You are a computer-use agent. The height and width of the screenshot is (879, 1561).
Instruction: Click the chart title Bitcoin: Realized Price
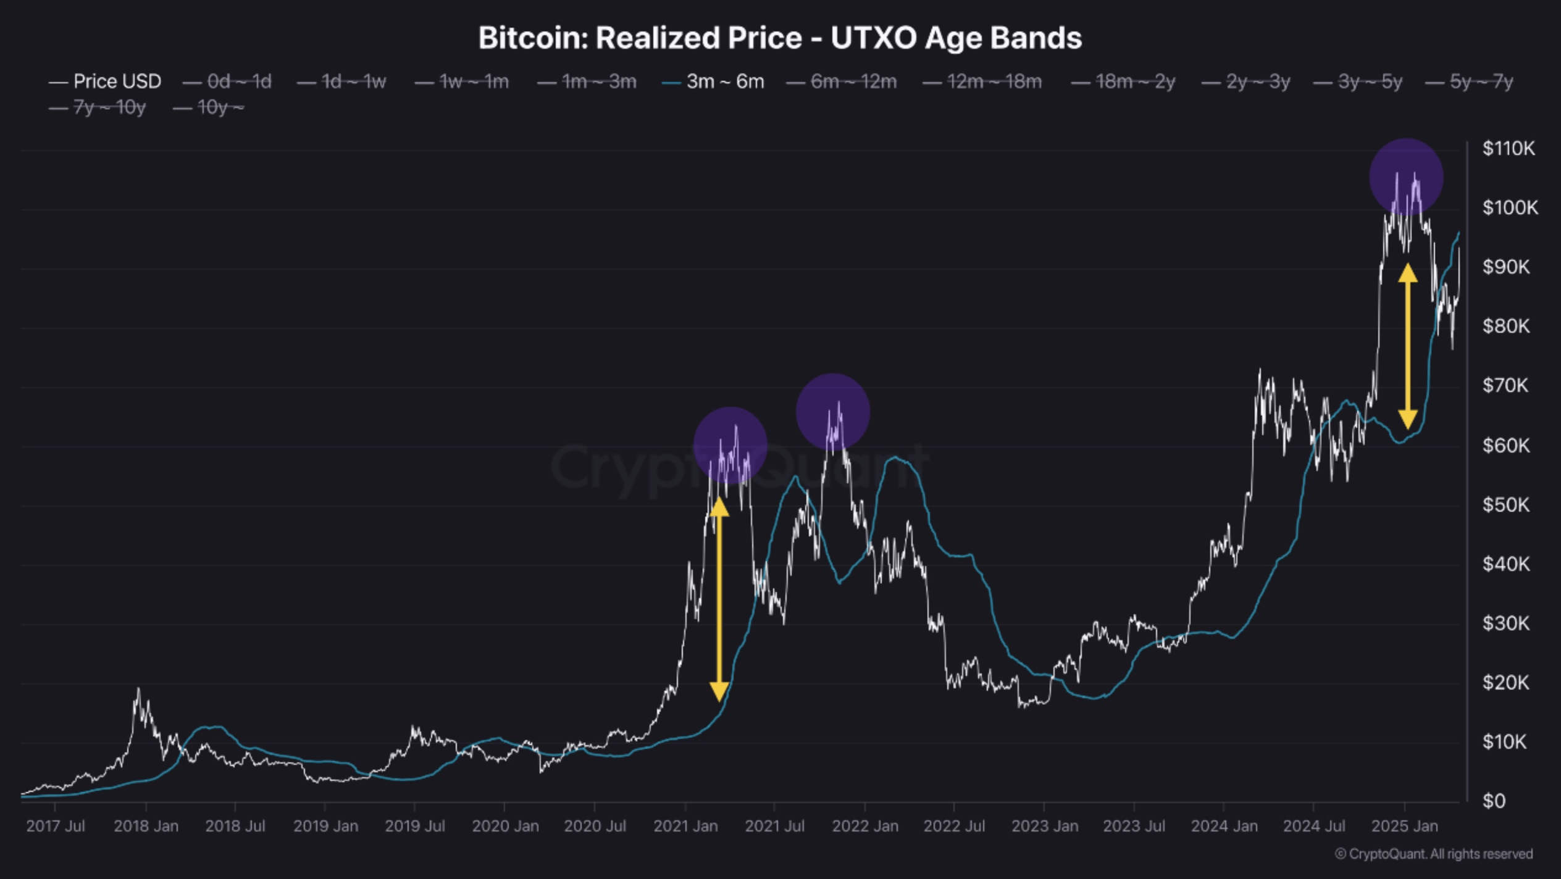tap(779, 38)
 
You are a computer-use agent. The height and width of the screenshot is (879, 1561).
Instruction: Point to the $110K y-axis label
tap(1509, 149)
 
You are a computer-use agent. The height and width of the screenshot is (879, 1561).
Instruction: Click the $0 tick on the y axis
tap(1494, 801)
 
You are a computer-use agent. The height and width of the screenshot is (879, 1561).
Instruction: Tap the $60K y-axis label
tap(1506, 445)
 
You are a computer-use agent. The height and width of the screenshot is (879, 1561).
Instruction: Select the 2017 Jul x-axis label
tap(56, 826)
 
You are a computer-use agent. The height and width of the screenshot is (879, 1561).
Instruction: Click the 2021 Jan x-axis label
tap(685, 826)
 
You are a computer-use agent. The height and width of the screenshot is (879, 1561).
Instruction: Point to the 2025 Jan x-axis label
tap(1404, 826)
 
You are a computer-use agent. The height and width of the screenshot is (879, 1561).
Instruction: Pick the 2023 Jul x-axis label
tap(1134, 826)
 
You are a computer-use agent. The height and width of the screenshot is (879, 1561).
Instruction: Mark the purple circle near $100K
tap(1406, 177)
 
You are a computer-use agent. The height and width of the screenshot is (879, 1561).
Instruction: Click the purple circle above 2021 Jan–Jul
tap(730, 444)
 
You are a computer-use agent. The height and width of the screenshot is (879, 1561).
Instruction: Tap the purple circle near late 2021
tap(832, 411)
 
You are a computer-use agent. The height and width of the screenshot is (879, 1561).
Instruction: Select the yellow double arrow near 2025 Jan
tap(1407, 346)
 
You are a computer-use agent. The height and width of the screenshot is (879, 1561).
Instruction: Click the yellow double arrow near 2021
tap(719, 599)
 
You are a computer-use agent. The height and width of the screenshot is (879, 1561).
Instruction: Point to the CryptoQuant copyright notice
tap(1433, 854)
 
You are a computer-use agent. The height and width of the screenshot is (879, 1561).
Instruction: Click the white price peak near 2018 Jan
tap(138, 689)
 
